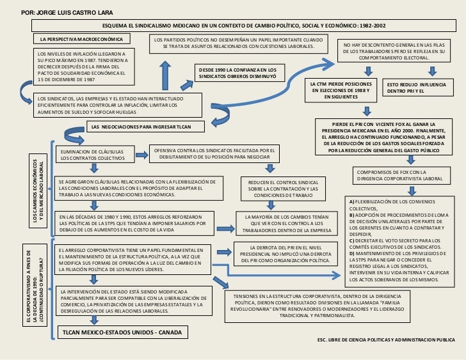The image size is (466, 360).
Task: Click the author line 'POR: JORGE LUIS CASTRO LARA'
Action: tap(49, 13)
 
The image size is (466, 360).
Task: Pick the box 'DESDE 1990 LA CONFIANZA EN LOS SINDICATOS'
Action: tap(237, 72)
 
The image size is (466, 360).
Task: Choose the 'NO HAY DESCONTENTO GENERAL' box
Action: tap(394, 51)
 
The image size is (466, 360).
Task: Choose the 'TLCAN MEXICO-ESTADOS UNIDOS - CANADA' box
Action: tap(120, 333)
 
